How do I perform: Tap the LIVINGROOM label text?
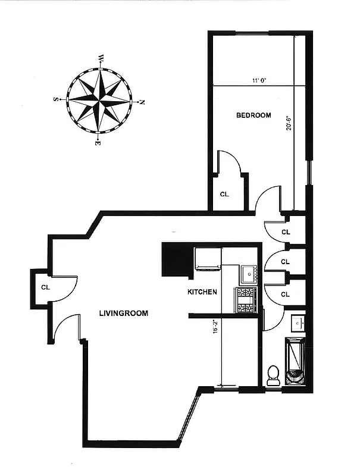124,313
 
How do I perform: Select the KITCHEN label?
202,292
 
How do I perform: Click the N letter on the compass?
142,102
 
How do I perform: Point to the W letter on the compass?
102,58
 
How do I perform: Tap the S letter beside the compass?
56,99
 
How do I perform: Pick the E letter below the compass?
98,143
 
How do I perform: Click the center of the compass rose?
99,100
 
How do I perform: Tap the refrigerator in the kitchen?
208,259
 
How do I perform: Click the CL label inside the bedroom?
224,194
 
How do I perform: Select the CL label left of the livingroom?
45,287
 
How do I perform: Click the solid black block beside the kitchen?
177,259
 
